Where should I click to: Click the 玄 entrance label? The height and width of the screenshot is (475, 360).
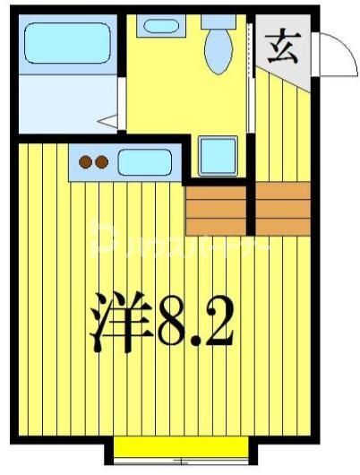(286, 45)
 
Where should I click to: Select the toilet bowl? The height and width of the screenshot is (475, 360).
(218, 51)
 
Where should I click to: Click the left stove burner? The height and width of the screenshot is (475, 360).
(87, 162)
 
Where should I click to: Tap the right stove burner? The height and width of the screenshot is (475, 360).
(102, 162)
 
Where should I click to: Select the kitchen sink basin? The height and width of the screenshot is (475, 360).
(143, 162)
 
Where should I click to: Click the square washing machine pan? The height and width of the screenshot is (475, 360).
(218, 155)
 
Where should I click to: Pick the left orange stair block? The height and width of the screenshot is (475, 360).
(216, 209)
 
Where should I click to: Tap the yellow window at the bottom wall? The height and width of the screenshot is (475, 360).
(180, 447)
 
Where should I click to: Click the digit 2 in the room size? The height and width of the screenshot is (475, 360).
(218, 324)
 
